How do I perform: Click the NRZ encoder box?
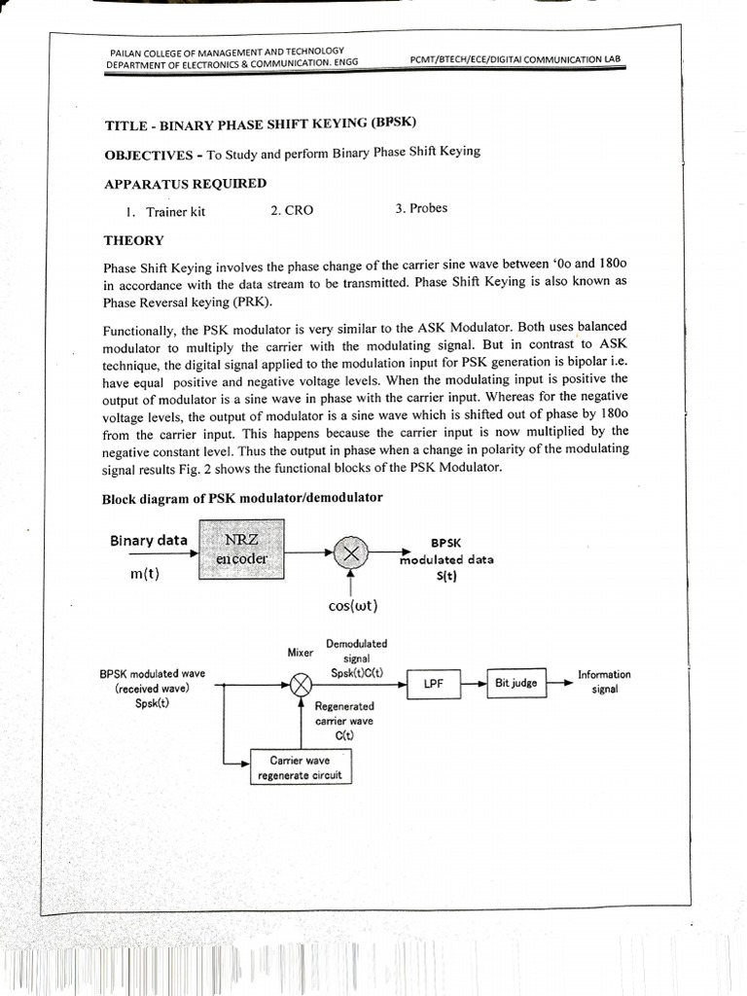tap(241, 550)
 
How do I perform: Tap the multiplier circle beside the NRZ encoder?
tap(350, 552)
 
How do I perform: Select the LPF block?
tap(433, 685)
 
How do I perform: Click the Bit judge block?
tap(516, 684)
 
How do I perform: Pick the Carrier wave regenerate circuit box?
tap(300, 767)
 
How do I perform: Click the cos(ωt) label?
tap(353, 606)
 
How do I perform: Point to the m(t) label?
tap(144, 573)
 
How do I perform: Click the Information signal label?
tap(603, 681)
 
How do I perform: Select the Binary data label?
tap(148, 541)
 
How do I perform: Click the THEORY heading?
tap(133, 240)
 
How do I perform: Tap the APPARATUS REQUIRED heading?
tap(185, 183)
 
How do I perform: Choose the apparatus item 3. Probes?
tap(421, 209)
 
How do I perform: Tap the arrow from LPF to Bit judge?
tap(474, 684)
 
